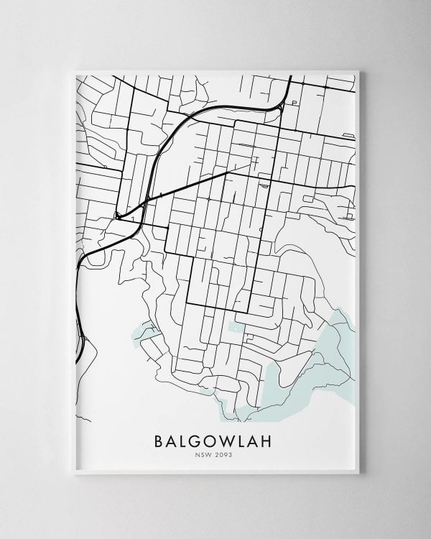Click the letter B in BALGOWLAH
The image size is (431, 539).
(159, 439)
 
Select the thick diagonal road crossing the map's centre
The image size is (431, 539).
(194, 183)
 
